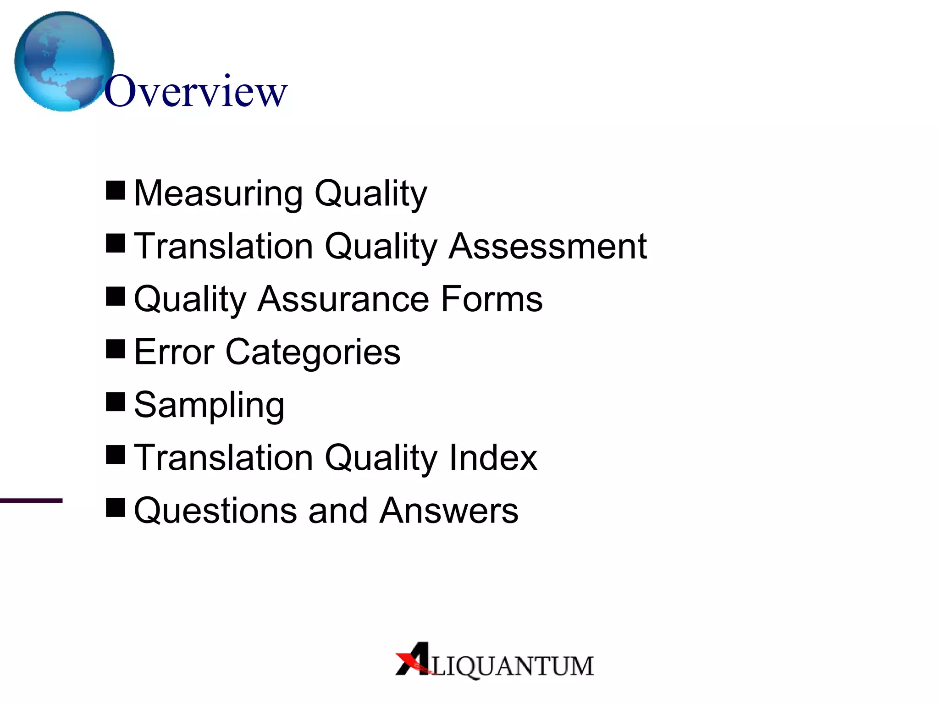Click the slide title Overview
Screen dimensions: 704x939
(x=196, y=92)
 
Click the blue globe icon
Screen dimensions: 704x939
(x=64, y=61)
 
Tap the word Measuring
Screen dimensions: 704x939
(x=218, y=194)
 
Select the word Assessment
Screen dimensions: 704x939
(x=548, y=246)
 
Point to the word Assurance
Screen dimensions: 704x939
(x=343, y=299)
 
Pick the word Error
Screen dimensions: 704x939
(x=174, y=352)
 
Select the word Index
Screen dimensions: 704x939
(x=493, y=457)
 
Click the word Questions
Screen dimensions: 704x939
(x=215, y=511)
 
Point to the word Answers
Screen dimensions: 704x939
(x=449, y=511)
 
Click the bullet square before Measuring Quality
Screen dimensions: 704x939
(x=116, y=190)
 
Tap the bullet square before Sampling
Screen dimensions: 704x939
(x=116, y=402)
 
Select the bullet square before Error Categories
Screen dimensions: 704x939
(x=116, y=349)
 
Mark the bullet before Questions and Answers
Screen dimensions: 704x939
(x=116, y=507)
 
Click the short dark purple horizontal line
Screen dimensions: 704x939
(x=31, y=500)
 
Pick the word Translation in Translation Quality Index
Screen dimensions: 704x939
(x=223, y=457)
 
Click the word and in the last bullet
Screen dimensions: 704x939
(x=338, y=511)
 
